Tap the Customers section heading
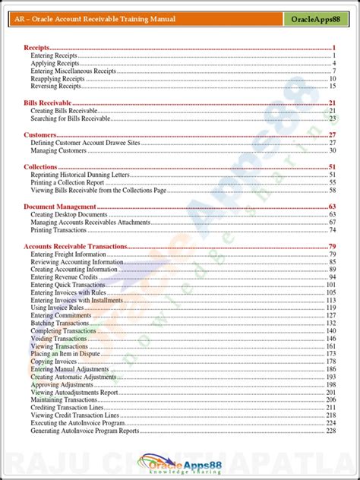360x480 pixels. [x=40, y=134]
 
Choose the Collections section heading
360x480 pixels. [x=41, y=166]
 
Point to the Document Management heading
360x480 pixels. [x=60, y=207]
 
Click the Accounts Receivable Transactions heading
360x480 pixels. [x=75, y=246]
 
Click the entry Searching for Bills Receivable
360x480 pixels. [x=71, y=118]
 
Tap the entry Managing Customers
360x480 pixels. [x=59, y=150]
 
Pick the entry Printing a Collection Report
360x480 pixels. [x=68, y=182]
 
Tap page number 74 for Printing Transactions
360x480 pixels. [x=333, y=229]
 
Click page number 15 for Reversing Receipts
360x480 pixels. [x=333, y=87]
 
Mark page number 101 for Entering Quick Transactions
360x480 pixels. [x=331, y=285]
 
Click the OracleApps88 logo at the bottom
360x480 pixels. [x=180, y=461]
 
